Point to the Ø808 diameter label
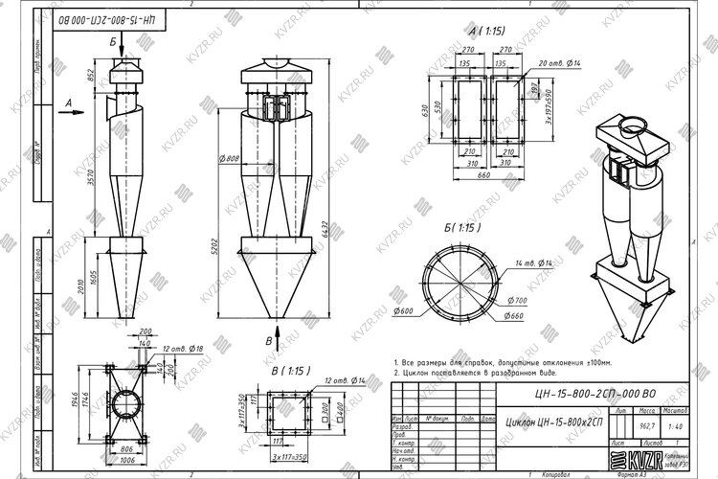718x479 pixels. tap(230, 158)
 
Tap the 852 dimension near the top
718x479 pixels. tap(91, 77)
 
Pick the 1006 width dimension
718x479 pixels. tap(127, 459)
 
